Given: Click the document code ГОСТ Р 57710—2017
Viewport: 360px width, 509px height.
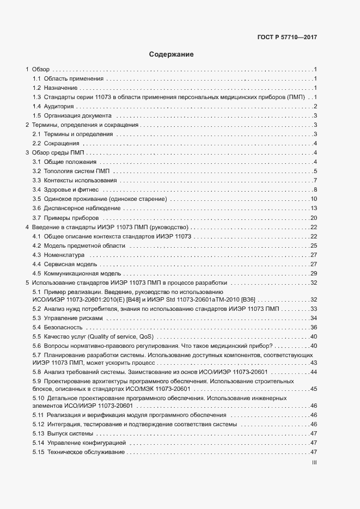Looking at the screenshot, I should pos(286,38).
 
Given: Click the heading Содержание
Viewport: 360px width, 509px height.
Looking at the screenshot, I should pos(171,54).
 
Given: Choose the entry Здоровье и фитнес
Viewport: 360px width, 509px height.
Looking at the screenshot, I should pos(71,189).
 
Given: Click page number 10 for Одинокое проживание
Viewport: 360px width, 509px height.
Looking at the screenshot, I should pos(314,199).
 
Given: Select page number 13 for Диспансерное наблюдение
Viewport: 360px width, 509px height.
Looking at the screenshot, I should pos(314,208).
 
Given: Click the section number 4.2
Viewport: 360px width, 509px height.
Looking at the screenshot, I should pos(36,246).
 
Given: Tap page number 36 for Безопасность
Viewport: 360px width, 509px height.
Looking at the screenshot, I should pos(314,327).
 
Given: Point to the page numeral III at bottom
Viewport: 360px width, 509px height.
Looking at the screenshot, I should pos(314,463).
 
